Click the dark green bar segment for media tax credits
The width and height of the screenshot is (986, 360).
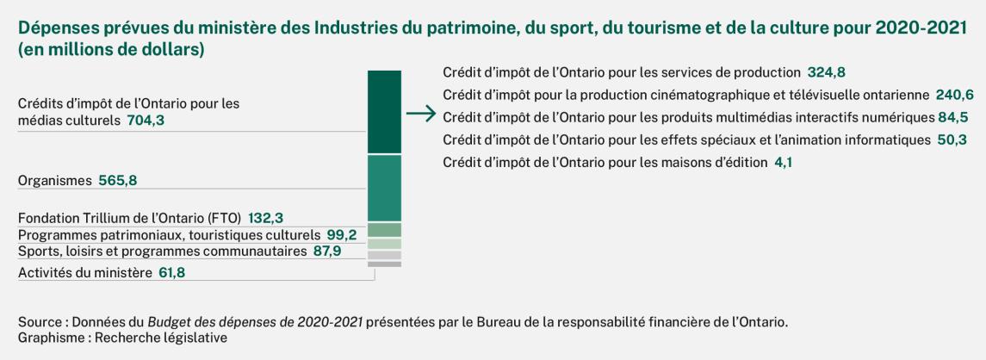tap(384, 111)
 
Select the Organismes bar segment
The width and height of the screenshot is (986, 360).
tap(384, 188)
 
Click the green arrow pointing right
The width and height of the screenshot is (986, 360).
tap(419, 114)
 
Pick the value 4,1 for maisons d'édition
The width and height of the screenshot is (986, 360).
tap(784, 162)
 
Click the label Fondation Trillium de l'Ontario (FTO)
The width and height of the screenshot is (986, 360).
tap(130, 218)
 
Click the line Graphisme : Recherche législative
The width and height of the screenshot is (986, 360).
tap(122, 338)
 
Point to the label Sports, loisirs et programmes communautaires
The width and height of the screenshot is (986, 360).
tap(162, 251)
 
